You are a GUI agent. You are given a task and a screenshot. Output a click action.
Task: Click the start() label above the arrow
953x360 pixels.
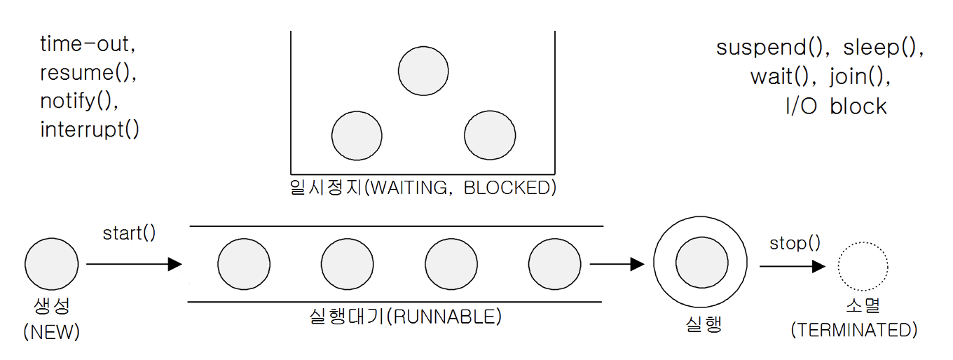(130, 233)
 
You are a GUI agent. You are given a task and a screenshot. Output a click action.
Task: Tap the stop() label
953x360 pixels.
(795, 243)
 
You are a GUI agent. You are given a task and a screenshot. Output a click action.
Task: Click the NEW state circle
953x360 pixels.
(52, 265)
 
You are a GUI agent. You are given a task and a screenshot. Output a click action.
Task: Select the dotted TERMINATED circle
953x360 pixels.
(863, 266)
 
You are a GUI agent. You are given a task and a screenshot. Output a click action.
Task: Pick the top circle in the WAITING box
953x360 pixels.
(423, 71)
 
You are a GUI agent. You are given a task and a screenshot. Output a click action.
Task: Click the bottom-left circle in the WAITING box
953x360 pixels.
(357, 135)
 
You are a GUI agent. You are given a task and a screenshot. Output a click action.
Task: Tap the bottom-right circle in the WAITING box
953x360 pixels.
(490, 135)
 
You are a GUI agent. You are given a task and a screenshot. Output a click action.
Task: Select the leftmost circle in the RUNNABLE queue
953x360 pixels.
(244, 264)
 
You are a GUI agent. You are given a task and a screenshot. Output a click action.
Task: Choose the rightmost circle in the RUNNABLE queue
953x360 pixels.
(554, 264)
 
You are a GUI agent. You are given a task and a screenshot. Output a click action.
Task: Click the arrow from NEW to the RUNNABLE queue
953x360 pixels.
(133, 264)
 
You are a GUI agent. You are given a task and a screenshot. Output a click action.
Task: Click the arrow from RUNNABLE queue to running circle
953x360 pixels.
(617, 264)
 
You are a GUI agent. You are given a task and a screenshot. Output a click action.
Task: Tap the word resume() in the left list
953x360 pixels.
(87, 74)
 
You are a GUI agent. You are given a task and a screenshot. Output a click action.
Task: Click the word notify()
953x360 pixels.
(79, 102)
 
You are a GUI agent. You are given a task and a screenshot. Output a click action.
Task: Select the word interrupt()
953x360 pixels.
(90, 130)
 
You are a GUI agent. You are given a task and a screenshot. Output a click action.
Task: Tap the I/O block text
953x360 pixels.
(836, 106)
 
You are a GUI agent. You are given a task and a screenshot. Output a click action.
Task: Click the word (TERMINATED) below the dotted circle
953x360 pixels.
(853, 330)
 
